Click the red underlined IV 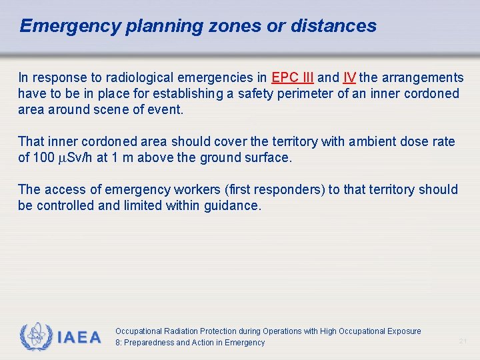pos(349,78)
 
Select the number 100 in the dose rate pos(44,157)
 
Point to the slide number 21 pos(463,341)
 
